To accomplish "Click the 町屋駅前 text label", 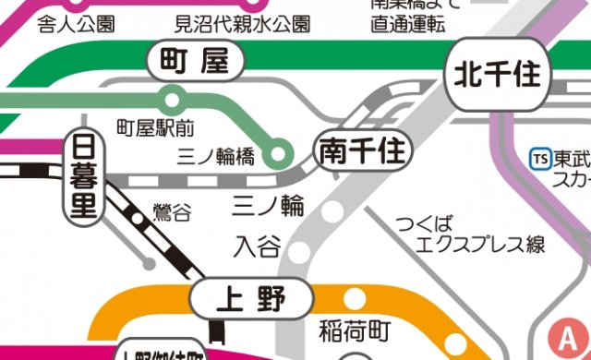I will pos(153,124).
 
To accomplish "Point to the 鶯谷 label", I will pos(172,212).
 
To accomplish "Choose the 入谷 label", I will pos(256,246).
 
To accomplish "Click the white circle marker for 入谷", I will pos(299,249).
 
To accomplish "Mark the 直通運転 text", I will pos(408,22).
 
